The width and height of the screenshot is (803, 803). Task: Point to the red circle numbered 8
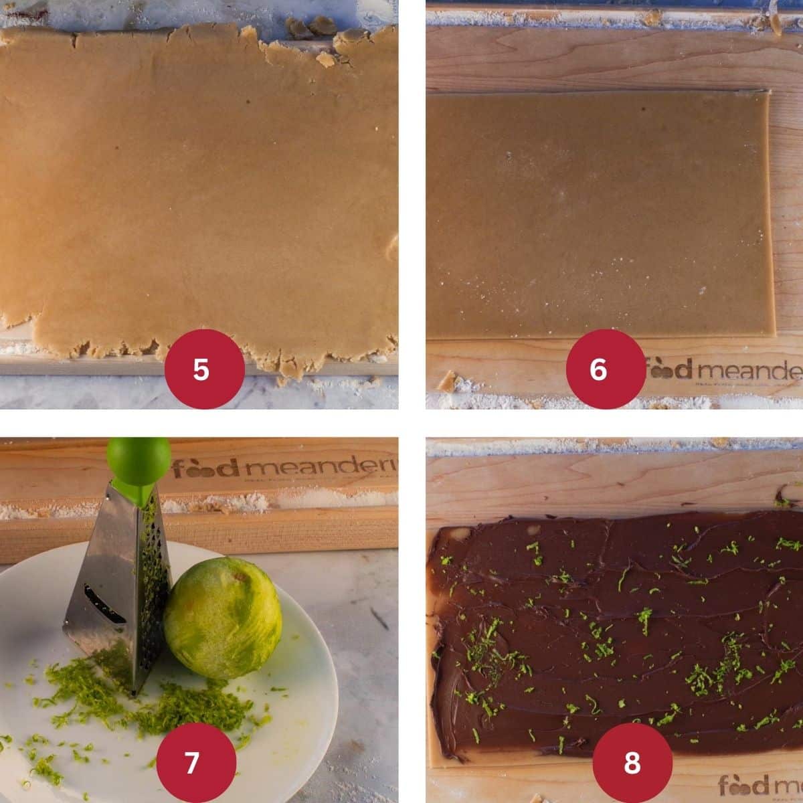point(632,762)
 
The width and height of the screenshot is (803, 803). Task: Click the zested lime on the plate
point(222,618)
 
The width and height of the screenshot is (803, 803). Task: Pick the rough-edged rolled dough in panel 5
point(194,194)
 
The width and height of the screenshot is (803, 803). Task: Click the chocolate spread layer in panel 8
point(616,636)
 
